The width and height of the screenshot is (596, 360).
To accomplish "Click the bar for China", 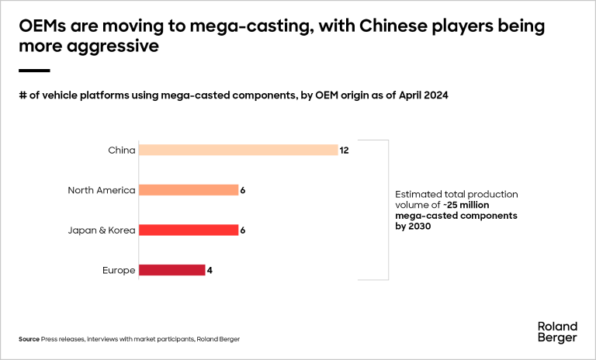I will tap(237, 150).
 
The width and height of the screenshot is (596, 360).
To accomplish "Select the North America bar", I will tap(188, 190).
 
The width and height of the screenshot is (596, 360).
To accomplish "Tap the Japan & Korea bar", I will tap(188, 230).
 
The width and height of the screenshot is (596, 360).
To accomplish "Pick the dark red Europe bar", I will tap(172, 270).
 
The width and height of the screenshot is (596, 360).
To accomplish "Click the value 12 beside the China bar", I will tap(345, 150).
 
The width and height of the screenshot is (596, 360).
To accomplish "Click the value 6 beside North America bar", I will tap(243, 190).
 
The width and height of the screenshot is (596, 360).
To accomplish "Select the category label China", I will tap(122, 150).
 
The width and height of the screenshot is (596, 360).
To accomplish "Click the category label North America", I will tap(102, 190).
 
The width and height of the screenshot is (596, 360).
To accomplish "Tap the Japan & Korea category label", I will tap(102, 230).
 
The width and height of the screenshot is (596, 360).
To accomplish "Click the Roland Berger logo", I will tap(557, 331).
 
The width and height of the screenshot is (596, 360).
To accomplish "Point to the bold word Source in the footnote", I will tap(29, 340).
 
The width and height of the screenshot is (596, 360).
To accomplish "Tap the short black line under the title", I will tap(34, 71).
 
